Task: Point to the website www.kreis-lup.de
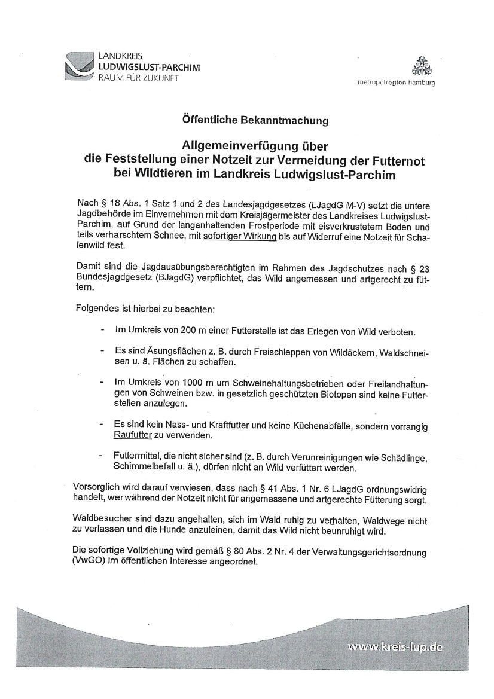[395, 646]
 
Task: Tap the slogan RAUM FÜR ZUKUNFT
[138, 78]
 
